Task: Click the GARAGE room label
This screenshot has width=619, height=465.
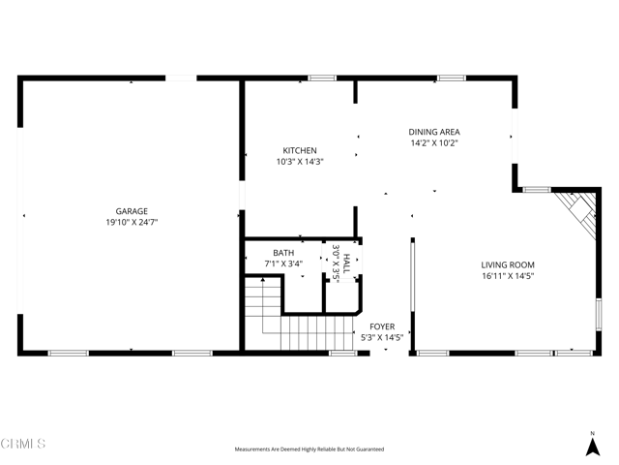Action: tap(132, 210)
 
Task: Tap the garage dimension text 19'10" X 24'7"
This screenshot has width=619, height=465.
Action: tap(132, 222)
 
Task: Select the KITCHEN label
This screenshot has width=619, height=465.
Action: tap(299, 150)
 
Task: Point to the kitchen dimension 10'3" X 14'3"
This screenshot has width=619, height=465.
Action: tap(299, 162)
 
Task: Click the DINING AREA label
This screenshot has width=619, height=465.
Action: tap(433, 132)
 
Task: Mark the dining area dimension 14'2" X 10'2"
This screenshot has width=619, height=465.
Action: tap(433, 143)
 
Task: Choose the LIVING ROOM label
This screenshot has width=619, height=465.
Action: tap(508, 264)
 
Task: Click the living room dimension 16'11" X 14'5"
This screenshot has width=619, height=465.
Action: tap(508, 276)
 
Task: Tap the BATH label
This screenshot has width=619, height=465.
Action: tap(283, 253)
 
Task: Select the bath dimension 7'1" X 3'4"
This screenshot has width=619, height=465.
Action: tap(283, 263)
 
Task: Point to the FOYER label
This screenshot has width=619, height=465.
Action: tap(381, 326)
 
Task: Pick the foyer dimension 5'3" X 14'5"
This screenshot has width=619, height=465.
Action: tap(381, 338)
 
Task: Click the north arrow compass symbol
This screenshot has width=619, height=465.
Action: tap(592, 444)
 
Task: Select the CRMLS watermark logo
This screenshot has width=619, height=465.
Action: tap(23, 444)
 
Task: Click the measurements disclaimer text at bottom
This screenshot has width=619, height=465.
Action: tap(309, 449)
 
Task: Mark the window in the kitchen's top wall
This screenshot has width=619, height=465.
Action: tap(322, 77)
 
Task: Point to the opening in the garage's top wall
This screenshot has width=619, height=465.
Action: tap(181, 77)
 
